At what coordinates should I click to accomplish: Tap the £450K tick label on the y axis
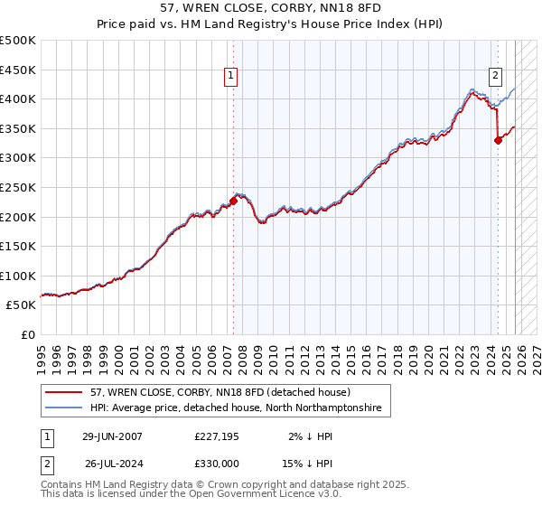pos(18,70)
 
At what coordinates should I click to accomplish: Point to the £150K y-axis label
pos(18,247)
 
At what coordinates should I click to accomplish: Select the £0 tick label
pos(27,335)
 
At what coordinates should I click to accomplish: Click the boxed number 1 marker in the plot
pos(232,77)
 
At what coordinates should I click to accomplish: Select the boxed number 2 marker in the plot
pos(496,77)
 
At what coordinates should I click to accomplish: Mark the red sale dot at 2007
pos(233,201)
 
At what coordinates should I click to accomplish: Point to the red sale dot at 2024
pos(498,140)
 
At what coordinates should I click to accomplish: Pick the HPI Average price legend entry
pos(235,408)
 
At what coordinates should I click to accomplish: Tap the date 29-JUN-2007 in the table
pos(112,436)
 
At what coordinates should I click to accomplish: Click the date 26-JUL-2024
pos(112,463)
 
